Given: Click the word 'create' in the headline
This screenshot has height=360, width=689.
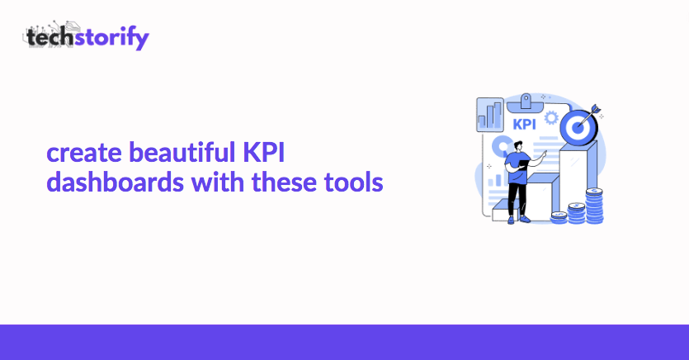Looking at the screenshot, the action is coord(84,154).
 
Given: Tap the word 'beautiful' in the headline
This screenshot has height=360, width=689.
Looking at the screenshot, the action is coord(182,152).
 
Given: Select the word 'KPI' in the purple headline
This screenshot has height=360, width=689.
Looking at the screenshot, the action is coord(264,153).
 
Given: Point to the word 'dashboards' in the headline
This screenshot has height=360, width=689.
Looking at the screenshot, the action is coord(115,182).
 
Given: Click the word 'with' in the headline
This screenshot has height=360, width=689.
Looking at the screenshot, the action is coord(218,182).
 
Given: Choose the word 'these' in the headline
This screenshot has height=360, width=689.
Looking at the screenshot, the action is coord(284,182).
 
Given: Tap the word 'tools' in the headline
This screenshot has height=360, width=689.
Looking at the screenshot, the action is coord(353,182).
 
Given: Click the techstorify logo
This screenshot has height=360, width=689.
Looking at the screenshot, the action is coord(86,36).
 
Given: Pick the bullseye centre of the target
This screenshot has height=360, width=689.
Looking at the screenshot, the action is coord(578,128).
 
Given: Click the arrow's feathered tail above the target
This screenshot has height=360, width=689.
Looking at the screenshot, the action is coord(595,108).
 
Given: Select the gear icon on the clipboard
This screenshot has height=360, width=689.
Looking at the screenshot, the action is coord(551,118).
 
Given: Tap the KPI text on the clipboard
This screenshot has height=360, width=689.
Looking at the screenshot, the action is coord(524,125).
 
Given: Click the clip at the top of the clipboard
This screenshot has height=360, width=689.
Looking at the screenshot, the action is coord(526,103).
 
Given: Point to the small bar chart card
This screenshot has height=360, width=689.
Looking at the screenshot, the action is coord(490,115).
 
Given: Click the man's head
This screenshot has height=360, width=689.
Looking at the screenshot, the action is coord(517,146).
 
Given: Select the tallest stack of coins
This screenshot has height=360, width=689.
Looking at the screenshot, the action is coord(595,206).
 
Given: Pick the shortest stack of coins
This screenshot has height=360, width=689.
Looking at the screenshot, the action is coord(559,217).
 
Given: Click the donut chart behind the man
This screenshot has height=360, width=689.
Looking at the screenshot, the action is coord(501,146).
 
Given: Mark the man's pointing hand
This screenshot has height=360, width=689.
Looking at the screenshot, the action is coord(544,154).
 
